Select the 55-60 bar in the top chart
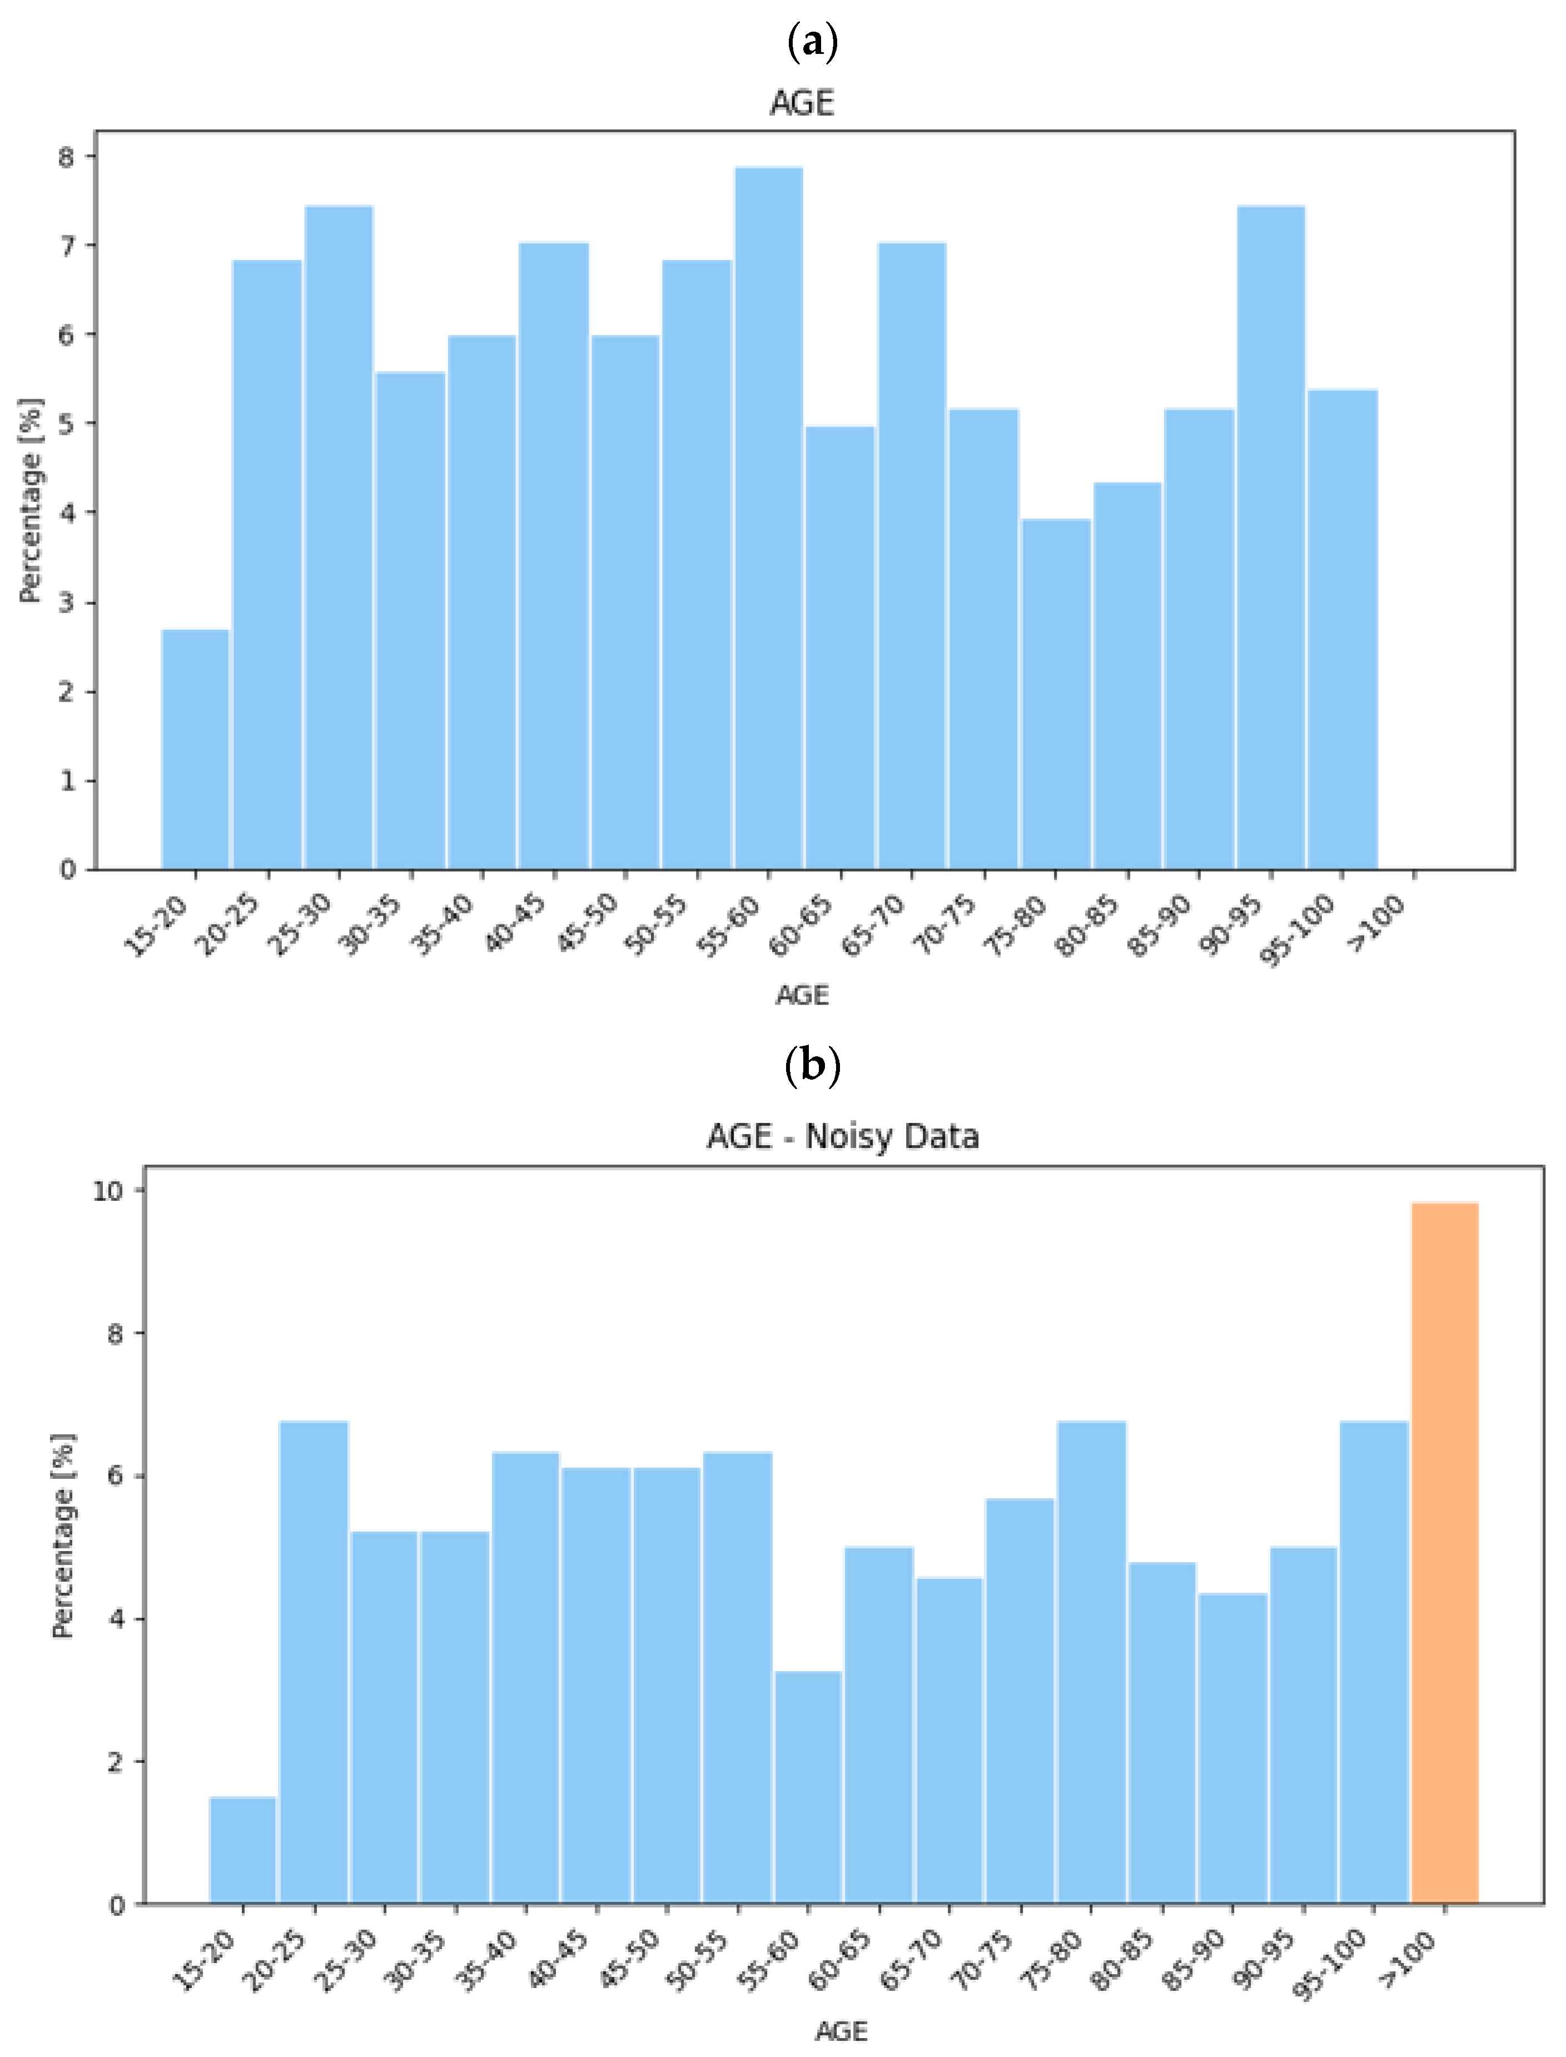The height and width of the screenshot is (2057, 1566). tap(768, 518)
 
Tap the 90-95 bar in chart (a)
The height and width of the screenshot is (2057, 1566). tap(1270, 538)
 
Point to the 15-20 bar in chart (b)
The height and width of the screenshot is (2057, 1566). tap(243, 1850)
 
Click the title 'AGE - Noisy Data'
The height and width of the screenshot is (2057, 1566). tap(843, 1136)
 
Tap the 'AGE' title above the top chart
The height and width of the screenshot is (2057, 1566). tap(802, 102)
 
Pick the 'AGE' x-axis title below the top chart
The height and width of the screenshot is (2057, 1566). tap(802, 995)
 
